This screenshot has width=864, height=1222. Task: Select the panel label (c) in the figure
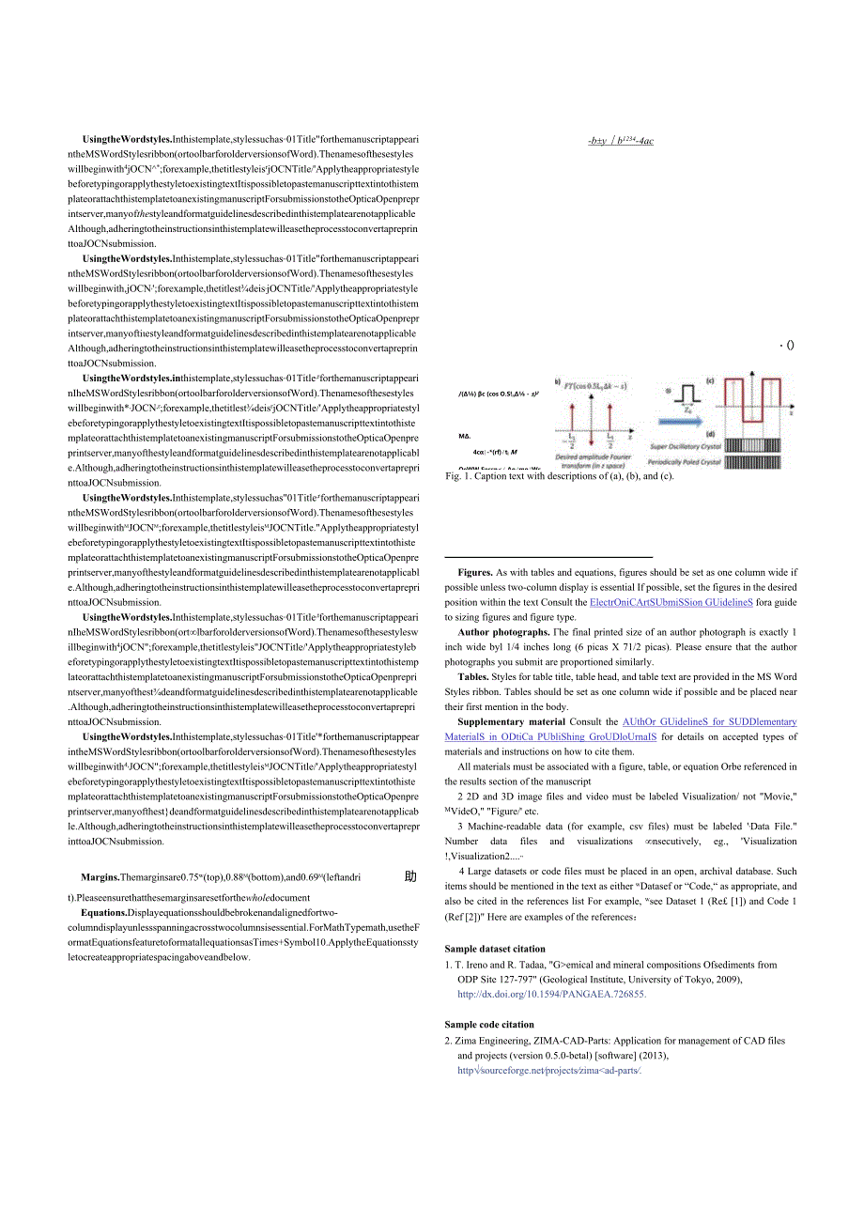(x=710, y=380)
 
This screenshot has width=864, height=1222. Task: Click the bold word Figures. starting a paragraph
(x=475, y=572)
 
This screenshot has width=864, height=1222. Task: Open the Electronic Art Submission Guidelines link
(x=671, y=602)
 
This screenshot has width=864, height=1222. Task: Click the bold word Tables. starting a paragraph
(x=472, y=676)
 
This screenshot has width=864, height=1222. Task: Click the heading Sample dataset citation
(x=494, y=949)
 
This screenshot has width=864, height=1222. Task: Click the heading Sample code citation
(x=488, y=1025)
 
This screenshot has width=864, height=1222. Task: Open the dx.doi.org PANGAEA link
(x=552, y=994)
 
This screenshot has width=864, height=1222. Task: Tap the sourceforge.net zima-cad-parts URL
(x=549, y=1070)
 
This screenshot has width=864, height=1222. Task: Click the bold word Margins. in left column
(x=100, y=877)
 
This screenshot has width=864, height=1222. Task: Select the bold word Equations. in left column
(x=103, y=912)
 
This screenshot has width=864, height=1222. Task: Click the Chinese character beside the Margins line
(x=410, y=877)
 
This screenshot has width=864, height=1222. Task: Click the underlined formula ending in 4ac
(x=621, y=141)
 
